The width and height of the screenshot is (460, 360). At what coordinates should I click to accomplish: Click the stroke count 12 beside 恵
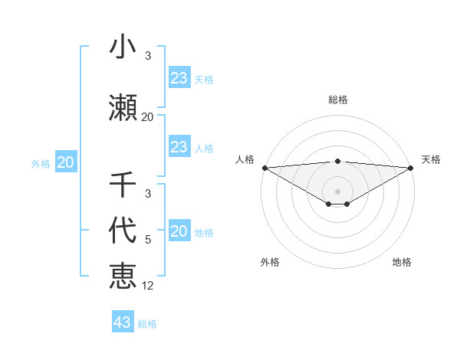click(x=148, y=286)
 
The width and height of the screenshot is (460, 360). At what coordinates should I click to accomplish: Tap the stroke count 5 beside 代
click(x=148, y=240)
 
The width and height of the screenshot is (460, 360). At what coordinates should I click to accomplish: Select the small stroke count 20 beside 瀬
click(x=148, y=117)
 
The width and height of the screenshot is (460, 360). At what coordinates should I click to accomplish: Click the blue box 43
click(x=123, y=322)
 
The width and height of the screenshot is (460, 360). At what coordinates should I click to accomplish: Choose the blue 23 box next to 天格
click(x=179, y=78)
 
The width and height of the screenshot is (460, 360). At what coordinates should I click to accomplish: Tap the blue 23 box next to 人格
click(x=179, y=147)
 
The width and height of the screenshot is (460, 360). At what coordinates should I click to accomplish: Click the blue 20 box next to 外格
click(x=65, y=162)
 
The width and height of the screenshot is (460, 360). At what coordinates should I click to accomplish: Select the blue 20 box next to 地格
click(x=179, y=231)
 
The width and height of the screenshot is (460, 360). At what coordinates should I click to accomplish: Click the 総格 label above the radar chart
click(x=338, y=100)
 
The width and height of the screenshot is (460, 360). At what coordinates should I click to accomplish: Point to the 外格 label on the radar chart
click(x=270, y=262)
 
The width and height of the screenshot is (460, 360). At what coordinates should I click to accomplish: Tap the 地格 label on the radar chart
click(x=402, y=262)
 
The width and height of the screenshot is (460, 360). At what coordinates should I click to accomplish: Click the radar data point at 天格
click(x=411, y=168)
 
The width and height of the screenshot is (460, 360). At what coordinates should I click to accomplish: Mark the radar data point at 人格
click(x=264, y=168)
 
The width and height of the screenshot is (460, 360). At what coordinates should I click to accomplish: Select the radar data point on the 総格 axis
click(x=338, y=161)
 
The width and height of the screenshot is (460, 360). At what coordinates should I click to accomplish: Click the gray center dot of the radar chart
click(x=338, y=191)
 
